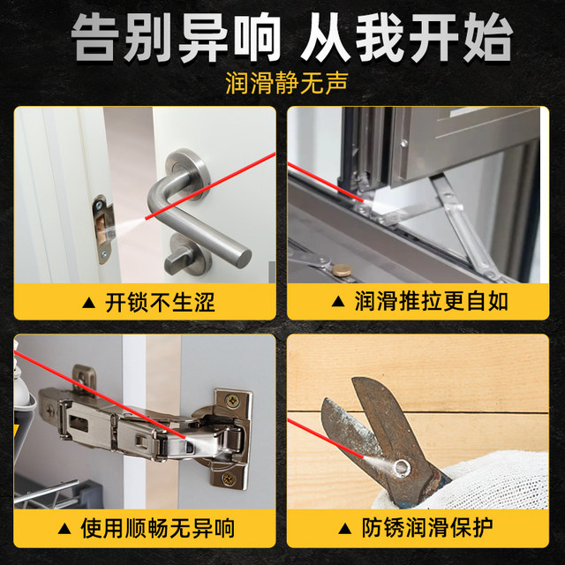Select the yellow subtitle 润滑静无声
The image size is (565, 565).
[282, 85]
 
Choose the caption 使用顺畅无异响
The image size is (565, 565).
[158, 529]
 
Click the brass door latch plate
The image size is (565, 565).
[102, 229]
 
